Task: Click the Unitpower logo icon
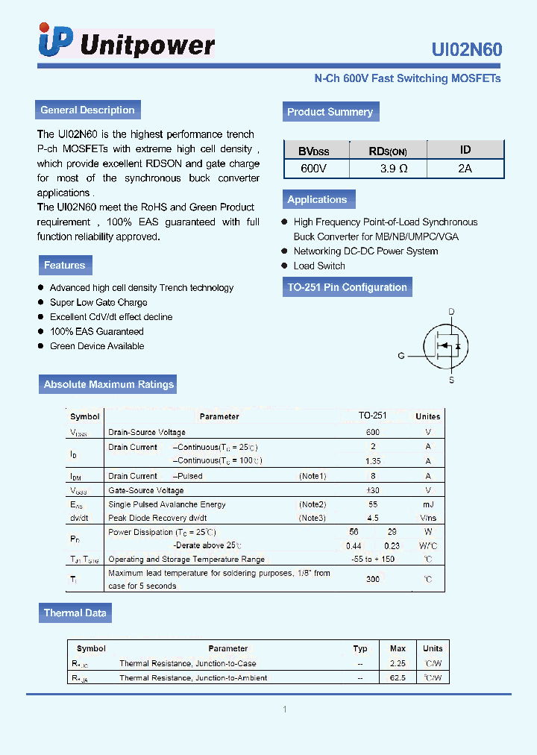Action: coord(56,41)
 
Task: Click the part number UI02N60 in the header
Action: coord(466,49)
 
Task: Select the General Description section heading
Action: coord(87,110)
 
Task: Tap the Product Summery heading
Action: coord(330,112)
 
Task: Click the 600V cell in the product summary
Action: coord(313,169)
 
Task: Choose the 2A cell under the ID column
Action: coord(465,169)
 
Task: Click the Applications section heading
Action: coord(317,200)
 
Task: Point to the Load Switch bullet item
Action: coord(319,266)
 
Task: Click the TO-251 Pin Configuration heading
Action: coord(347,287)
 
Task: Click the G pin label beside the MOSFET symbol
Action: coord(401,357)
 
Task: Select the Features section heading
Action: coord(64,266)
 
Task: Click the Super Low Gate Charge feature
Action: coord(98,302)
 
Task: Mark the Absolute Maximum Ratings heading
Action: coord(108,385)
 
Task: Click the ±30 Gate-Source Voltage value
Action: coord(373,490)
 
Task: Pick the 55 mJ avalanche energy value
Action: coord(373,504)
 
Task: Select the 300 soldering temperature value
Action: coord(373,579)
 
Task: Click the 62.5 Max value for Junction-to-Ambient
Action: coord(398,677)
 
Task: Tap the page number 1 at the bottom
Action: coord(284,709)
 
